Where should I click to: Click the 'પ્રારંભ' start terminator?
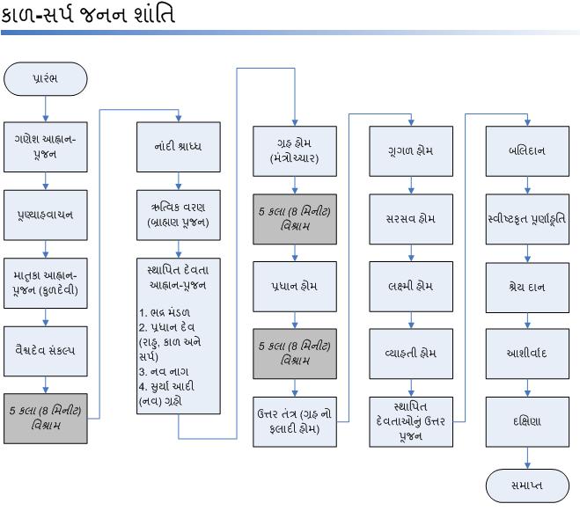[45, 79]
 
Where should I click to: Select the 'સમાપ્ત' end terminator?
[527, 485]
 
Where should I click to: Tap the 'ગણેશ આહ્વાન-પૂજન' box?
[45, 146]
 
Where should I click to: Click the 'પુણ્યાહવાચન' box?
[45, 214]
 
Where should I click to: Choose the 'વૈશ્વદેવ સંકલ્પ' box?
[45, 349]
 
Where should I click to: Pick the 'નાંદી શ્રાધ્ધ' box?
[179, 146]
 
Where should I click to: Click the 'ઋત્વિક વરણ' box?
[179, 214]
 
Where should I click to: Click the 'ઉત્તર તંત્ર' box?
[294, 419]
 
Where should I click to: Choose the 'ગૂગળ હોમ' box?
[410, 150]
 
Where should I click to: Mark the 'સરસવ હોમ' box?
[410, 218]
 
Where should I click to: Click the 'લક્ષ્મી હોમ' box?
[410, 286]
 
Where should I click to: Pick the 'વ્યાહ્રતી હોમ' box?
[410, 353]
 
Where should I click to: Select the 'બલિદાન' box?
[527, 150]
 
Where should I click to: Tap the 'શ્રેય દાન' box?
[527, 286]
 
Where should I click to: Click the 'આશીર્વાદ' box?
[527, 353]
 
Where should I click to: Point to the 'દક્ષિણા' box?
[527, 420]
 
